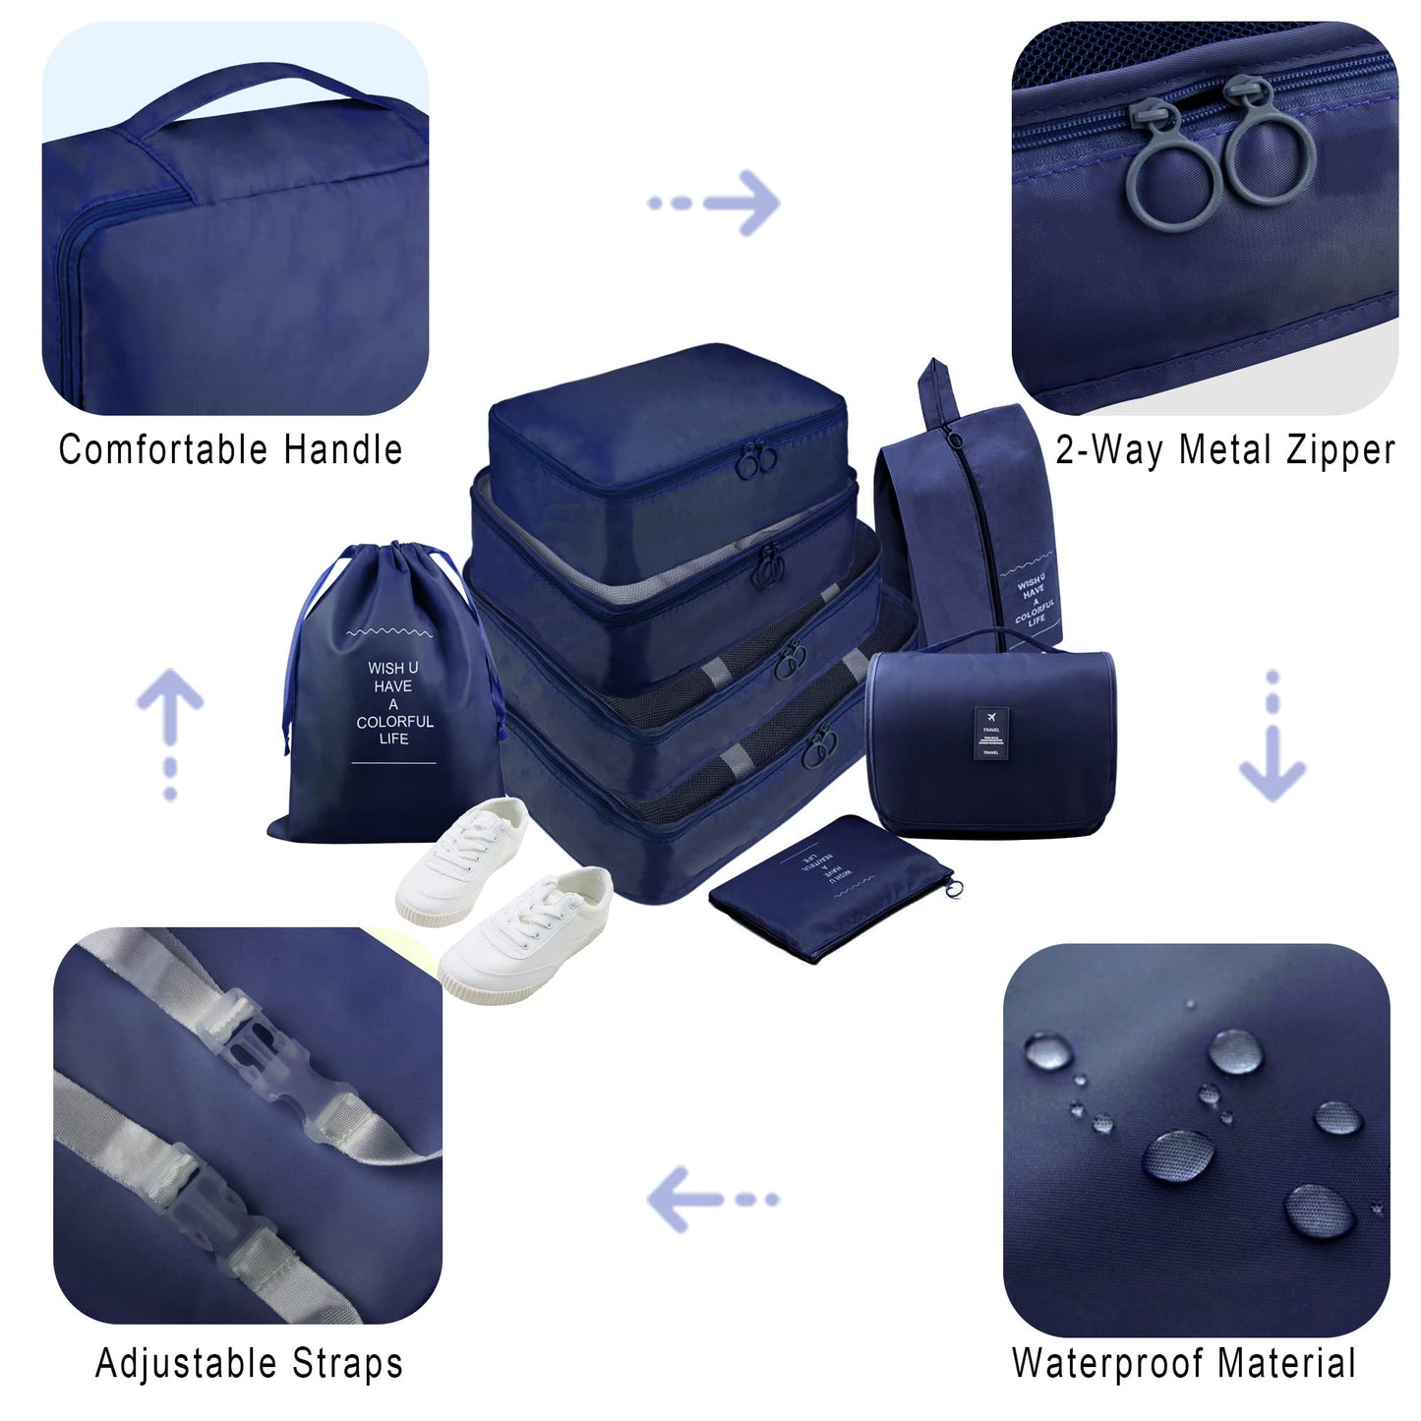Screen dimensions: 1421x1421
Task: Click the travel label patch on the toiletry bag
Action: (990, 732)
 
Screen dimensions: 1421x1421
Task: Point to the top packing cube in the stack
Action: (669, 433)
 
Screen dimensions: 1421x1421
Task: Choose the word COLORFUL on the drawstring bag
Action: (394, 722)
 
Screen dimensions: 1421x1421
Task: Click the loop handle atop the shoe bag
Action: (937, 389)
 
